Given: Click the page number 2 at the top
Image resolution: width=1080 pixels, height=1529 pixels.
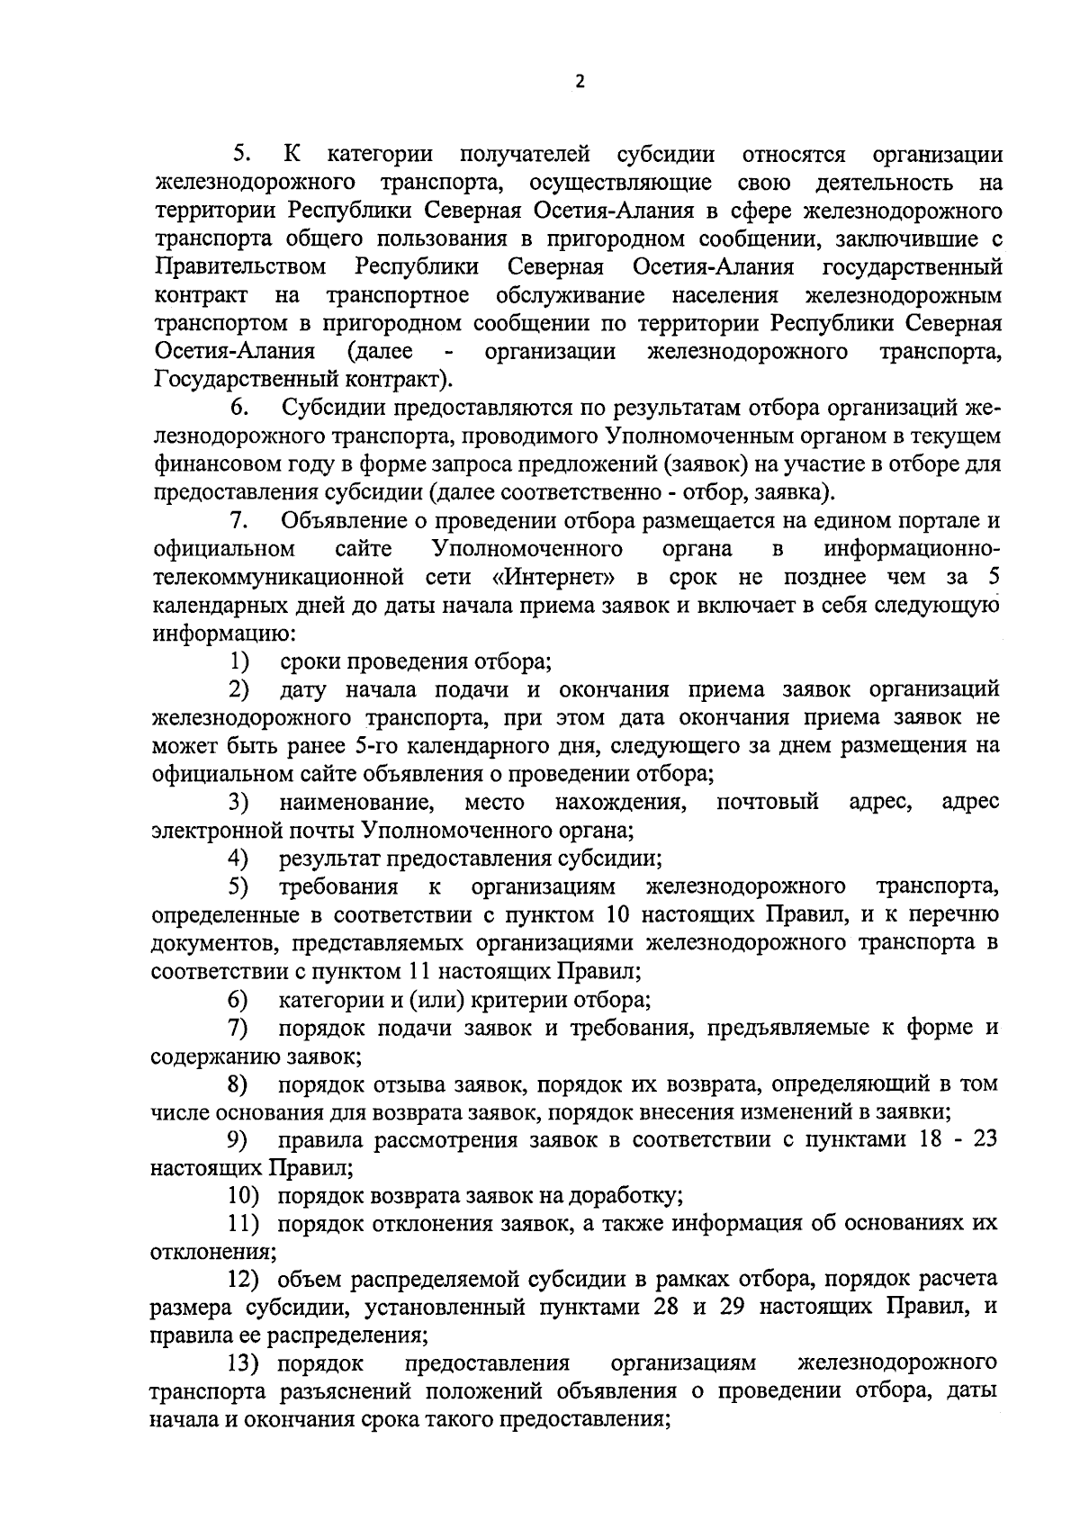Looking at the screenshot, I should (x=580, y=82).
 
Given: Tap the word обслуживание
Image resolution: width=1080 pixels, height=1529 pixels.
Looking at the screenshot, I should (x=569, y=295).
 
